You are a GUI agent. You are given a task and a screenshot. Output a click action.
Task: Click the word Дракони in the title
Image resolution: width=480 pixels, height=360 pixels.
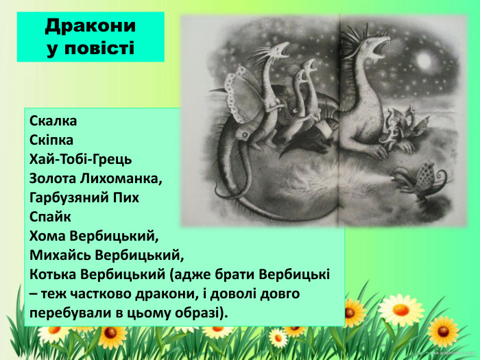[x=91, y=26]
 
